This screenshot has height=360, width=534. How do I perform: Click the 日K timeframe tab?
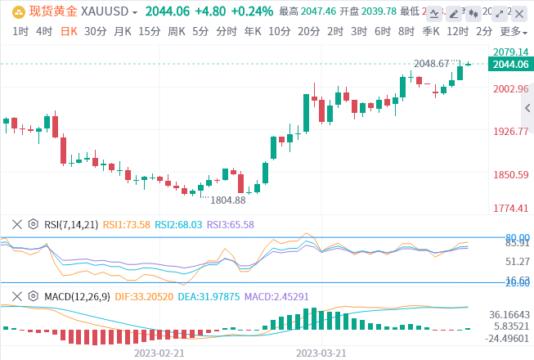pos(70,31)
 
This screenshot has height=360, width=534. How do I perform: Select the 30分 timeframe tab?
pos(96,31)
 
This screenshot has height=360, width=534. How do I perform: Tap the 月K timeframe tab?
pos(123,31)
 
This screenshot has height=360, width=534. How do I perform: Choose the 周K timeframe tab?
pos(176,31)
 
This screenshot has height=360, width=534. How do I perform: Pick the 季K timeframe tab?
pos(431,31)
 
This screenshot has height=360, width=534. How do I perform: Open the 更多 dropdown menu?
pos(512,31)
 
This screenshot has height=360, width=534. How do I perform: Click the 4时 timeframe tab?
pos(43,31)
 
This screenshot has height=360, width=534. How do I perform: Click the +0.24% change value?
pos(247,11)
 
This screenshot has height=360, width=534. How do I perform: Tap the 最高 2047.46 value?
pos(302,11)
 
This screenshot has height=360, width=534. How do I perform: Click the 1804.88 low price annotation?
pos(227,200)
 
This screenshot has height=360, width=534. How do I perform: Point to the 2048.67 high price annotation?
pos(432,64)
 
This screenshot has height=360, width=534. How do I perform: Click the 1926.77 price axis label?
pos(512,131)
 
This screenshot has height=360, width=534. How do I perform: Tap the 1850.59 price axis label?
pos(512,175)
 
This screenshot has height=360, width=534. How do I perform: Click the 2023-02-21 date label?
pos(160,353)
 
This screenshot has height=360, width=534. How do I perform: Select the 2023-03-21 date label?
pos(321,353)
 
